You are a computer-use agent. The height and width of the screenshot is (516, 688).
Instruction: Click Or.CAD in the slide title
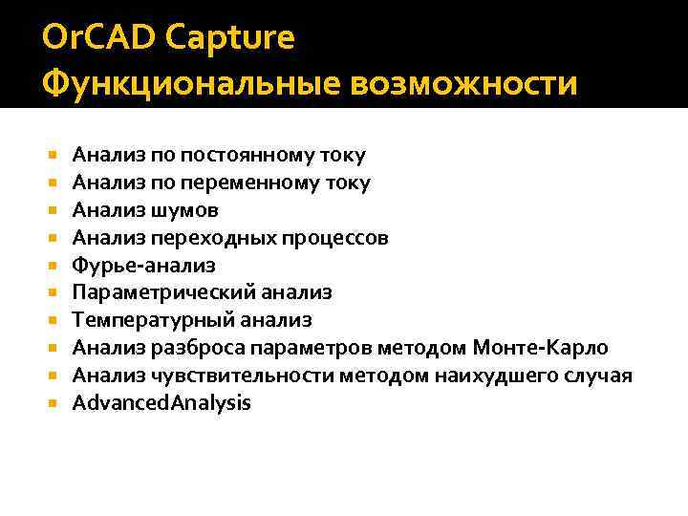click(97, 39)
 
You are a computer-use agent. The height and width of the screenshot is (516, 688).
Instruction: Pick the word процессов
click(341, 237)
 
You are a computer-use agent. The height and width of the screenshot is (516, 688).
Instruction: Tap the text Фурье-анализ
click(144, 265)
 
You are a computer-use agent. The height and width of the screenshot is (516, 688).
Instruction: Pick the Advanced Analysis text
click(161, 403)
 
